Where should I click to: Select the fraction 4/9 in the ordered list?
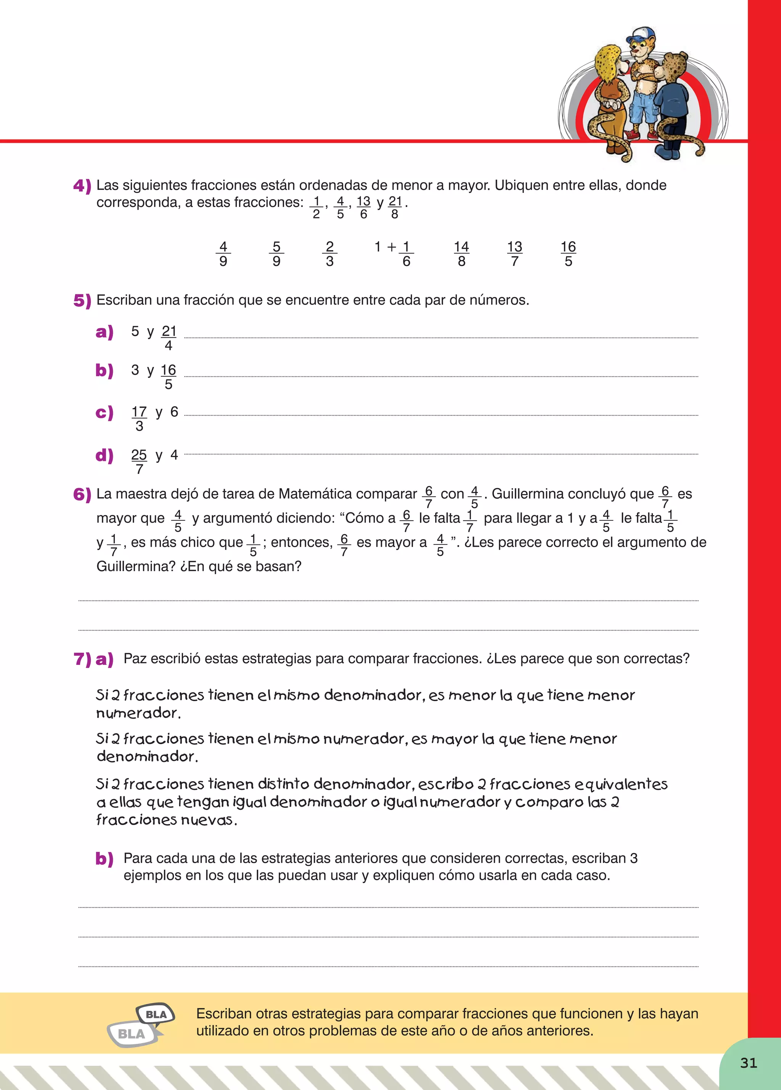click(223, 254)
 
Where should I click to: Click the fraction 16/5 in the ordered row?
click(568, 254)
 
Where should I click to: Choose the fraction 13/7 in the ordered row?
click(515, 254)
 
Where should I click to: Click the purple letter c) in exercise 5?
click(104, 413)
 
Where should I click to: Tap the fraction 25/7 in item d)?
click(139, 461)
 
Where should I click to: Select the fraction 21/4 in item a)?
click(169, 338)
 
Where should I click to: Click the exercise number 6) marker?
click(82, 494)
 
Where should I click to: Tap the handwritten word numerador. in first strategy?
click(138, 714)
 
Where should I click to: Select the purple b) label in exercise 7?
click(104, 859)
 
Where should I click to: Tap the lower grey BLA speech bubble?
click(132, 1034)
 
